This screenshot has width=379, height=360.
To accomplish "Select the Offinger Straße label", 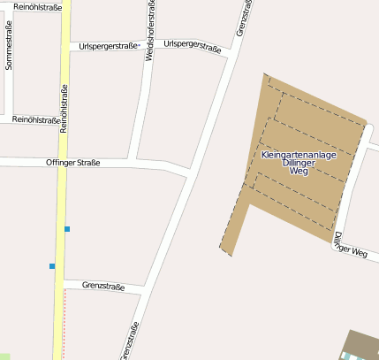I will click(x=72, y=163).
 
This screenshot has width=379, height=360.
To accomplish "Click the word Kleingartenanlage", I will click(x=299, y=155).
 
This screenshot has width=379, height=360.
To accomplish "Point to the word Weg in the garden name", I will click(x=299, y=173).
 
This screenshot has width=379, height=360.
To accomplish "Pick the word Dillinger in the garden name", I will click(x=299, y=164).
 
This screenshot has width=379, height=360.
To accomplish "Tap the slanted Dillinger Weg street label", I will click(x=350, y=246).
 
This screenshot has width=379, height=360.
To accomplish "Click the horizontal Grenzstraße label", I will click(x=102, y=286).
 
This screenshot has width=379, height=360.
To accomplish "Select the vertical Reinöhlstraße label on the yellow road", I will click(x=64, y=108).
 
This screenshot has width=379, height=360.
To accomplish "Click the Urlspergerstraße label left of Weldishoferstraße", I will click(x=109, y=46).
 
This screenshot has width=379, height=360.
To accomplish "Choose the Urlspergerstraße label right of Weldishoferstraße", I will click(x=193, y=46).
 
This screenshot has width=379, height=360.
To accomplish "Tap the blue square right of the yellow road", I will click(x=67, y=230).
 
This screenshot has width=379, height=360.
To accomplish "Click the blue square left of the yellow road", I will click(x=52, y=266).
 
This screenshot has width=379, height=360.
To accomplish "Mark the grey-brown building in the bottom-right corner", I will click(x=361, y=345).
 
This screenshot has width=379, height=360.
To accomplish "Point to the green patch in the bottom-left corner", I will click(x=4, y=356).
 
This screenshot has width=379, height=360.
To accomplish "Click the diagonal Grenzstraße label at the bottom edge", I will click(x=130, y=340).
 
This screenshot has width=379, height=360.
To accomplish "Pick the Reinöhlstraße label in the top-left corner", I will click(x=37, y=7).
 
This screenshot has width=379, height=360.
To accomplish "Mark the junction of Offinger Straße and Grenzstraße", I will click(x=189, y=171).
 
